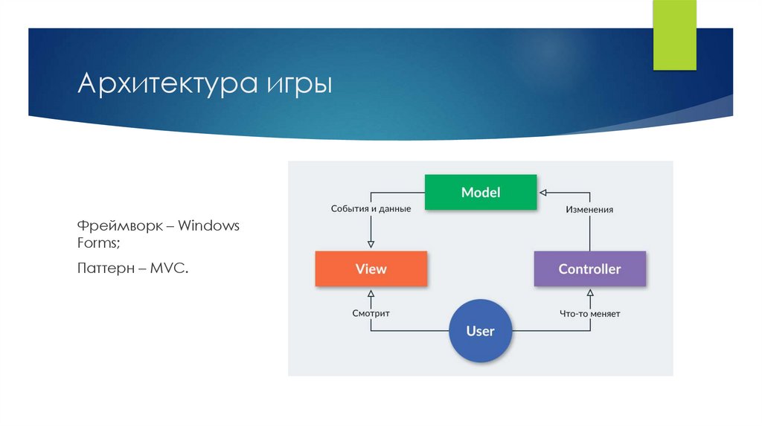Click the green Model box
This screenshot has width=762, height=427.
(x=480, y=192)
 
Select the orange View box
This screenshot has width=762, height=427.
(x=371, y=269)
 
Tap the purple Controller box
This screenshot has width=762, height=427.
(x=589, y=269)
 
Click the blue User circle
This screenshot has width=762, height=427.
(x=481, y=331)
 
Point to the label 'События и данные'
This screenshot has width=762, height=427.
(x=371, y=209)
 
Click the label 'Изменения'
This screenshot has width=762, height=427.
(x=589, y=210)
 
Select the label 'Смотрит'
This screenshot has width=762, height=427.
(x=371, y=313)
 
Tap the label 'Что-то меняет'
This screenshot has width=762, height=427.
(x=589, y=314)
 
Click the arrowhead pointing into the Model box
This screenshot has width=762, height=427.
(x=542, y=193)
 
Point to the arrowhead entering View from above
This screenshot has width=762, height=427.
(x=371, y=246)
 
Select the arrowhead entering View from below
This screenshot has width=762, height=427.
(x=371, y=292)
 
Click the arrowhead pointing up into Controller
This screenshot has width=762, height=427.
(x=589, y=292)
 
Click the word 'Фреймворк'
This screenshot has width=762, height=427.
(x=118, y=225)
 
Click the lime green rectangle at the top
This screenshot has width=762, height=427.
(x=674, y=35)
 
